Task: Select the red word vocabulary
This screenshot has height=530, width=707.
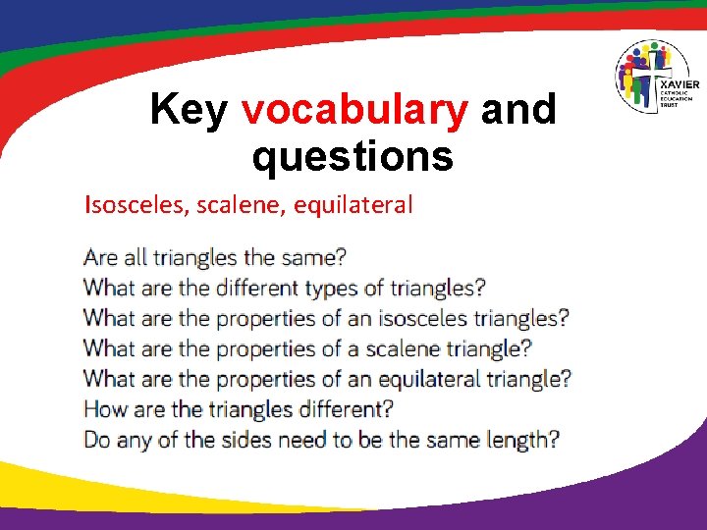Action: (x=355, y=111)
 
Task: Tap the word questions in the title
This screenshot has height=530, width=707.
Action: (x=353, y=155)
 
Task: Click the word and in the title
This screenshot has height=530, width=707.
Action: (x=518, y=110)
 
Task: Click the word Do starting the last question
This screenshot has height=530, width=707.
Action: (x=97, y=440)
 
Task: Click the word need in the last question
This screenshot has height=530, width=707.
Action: (x=300, y=440)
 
